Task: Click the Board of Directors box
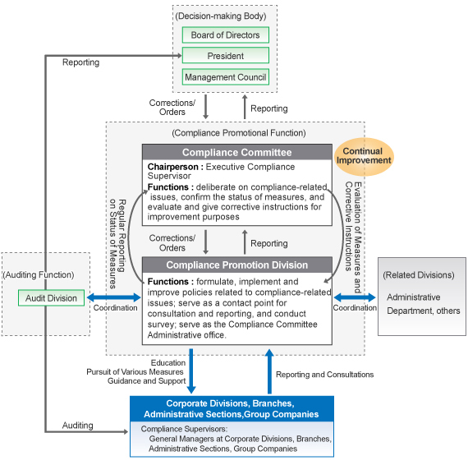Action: tap(225, 35)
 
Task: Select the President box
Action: tap(225, 56)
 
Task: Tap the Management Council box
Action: tap(225, 77)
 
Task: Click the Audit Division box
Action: tap(52, 297)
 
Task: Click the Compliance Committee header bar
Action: tap(236, 152)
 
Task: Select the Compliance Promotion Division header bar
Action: tap(236, 265)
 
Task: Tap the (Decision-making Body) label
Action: tap(225, 14)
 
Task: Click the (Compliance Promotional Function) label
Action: tap(238, 132)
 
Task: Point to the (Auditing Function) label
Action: tap(39, 274)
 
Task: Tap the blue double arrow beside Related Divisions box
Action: tap(355, 297)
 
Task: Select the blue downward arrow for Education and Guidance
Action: tap(192, 371)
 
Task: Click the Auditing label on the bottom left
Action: tap(78, 425)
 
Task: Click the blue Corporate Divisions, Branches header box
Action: tap(231, 408)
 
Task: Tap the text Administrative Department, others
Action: tap(423, 304)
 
